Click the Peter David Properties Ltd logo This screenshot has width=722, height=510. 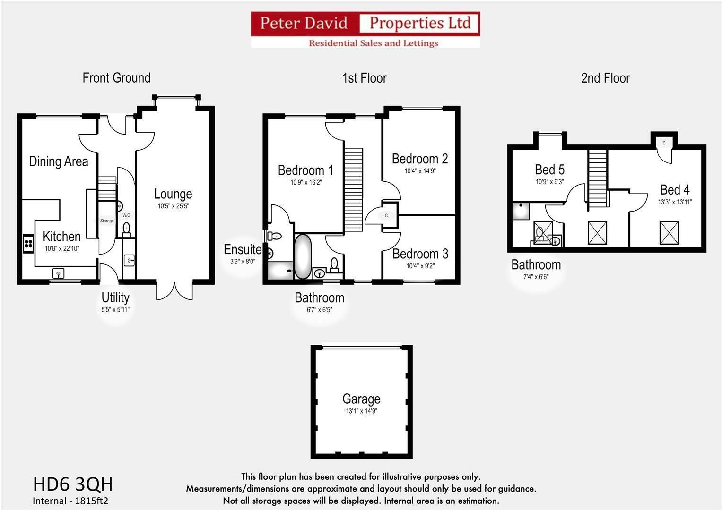click(x=365, y=29)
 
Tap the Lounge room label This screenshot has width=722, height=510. click(x=173, y=194)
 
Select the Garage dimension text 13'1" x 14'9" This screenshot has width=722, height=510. click(x=361, y=411)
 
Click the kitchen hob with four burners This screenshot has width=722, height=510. click(x=28, y=243)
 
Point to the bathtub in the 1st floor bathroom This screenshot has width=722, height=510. click(x=303, y=256)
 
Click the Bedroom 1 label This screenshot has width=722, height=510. click(x=305, y=170)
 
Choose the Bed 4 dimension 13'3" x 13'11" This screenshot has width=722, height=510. click(x=675, y=202)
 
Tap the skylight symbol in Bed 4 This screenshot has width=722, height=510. click(x=669, y=233)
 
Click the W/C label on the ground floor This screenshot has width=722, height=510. click(x=126, y=215)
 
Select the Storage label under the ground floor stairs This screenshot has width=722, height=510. click(x=107, y=221)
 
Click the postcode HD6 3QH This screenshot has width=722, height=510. click(x=73, y=484)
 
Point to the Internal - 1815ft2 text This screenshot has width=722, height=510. click(x=70, y=501)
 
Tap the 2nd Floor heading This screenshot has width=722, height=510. click(x=605, y=78)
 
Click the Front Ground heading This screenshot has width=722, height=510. click(x=116, y=78)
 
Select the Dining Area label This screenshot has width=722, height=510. click(x=59, y=161)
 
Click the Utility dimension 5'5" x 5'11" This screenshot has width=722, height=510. click(x=115, y=310)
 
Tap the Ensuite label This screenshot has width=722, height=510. click(x=242, y=249)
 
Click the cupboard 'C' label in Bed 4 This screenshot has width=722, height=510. click(x=664, y=143)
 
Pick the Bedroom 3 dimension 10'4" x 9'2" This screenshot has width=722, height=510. click(x=420, y=266)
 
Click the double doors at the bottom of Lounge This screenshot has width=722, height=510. click(x=174, y=290)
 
